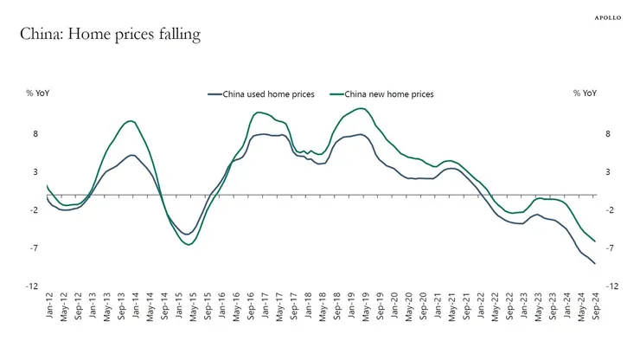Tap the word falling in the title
(x=176, y=35)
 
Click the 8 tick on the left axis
(x=35, y=134)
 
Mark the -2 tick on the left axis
(x=34, y=210)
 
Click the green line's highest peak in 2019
(x=362, y=108)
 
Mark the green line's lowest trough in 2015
(x=188, y=245)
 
